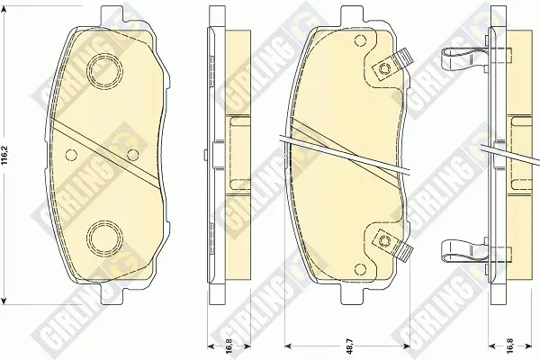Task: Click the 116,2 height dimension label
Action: [x=4, y=156]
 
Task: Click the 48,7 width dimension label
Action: [x=348, y=346]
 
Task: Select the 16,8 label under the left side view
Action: [x=229, y=346]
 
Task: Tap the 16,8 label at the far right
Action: [x=510, y=346]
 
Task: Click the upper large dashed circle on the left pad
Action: [x=104, y=71]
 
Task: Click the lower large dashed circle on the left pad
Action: [x=104, y=237]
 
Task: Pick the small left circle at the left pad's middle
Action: [x=71, y=155]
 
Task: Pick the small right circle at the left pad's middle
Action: [x=132, y=155]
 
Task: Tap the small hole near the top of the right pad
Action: [x=360, y=41]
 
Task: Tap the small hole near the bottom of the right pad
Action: [x=360, y=268]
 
